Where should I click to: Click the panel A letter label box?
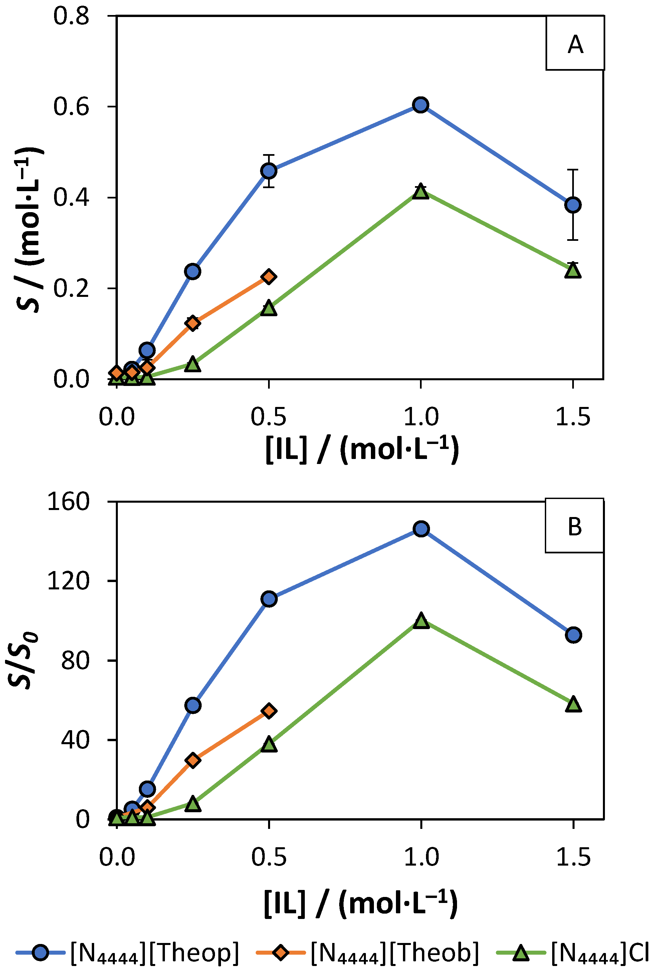click(575, 43)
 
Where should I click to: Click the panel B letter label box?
click(574, 526)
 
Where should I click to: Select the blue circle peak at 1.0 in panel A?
click(420, 105)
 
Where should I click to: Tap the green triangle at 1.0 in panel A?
click(420, 192)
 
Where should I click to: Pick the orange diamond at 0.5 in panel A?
click(269, 277)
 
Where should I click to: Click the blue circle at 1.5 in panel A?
click(573, 205)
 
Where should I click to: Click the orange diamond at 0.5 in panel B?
click(269, 711)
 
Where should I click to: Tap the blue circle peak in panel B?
click(421, 529)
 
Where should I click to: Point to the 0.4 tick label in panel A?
click(71, 197)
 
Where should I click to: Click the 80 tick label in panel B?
click(75, 661)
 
